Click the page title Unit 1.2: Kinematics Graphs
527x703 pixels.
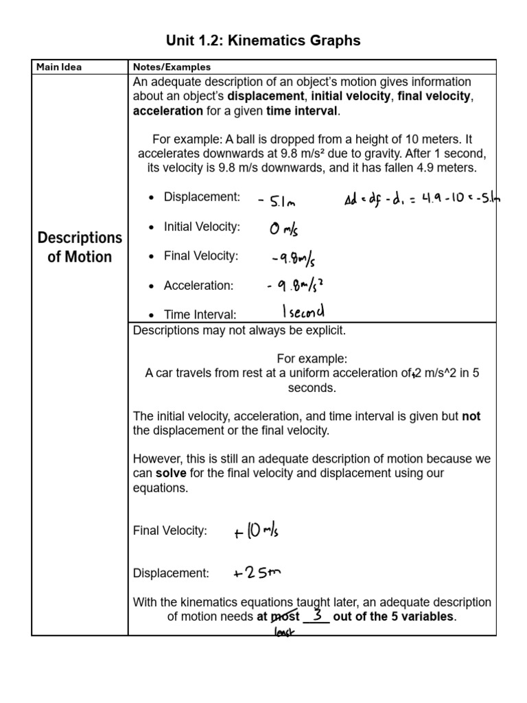(263, 41)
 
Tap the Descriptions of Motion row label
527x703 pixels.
(80, 247)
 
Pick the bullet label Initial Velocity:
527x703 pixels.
(201, 227)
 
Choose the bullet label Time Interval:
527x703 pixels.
(200, 314)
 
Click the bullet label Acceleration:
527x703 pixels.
(198, 285)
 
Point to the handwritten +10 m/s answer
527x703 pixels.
(255, 530)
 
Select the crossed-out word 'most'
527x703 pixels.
(289, 616)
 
